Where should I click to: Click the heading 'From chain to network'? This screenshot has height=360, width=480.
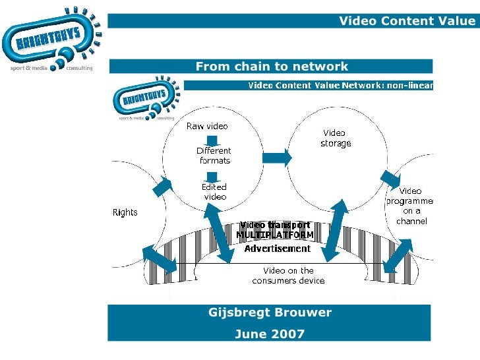(272, 66)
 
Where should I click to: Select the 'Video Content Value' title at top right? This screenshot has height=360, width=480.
(406, 21)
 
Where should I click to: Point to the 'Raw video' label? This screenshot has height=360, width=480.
(207, 126)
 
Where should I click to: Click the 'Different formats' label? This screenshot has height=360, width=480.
(214, 155)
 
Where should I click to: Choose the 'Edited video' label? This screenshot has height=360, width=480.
(214, 191)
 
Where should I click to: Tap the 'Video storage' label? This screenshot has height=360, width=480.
(336, 138)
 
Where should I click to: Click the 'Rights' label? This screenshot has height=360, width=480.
(125, 212)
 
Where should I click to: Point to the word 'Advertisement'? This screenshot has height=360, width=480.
(277, 249)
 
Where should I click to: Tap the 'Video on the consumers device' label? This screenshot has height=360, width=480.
(288, 276)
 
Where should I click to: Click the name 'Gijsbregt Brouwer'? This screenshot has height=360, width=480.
(270, 312)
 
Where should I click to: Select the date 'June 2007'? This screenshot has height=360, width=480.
(270, 334)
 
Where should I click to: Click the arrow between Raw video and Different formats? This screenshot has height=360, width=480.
(212, 140)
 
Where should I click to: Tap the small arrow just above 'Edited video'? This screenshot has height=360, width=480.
(212, 176)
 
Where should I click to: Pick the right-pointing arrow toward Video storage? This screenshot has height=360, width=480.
(277, 157)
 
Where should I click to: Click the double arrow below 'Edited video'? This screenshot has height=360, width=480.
(221, 231)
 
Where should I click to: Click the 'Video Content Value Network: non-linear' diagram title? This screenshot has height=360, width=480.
(340, 85)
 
